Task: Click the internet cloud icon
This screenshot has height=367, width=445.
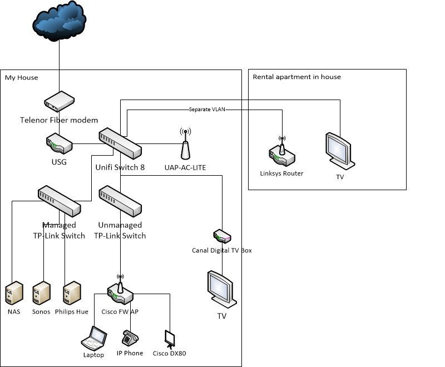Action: pyautogui.click(x=59, y=23)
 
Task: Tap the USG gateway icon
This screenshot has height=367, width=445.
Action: pyautogui.click(x=58, y=143)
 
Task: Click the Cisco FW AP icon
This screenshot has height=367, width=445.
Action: pyautogui.click(x=120, y=290)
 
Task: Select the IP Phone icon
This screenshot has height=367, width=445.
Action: pyautogui.click(x=130, y=338)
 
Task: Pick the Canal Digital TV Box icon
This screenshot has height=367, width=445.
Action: pyautogui.click(x=222, y=237)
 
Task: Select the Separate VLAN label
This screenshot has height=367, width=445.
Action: pyautogui.click(x=206, y=109)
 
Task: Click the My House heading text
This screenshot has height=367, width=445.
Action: pyautogui.click(x=22, y=77)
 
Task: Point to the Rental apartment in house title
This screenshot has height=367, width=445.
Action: pyautogui.click(x=296, y=77)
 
